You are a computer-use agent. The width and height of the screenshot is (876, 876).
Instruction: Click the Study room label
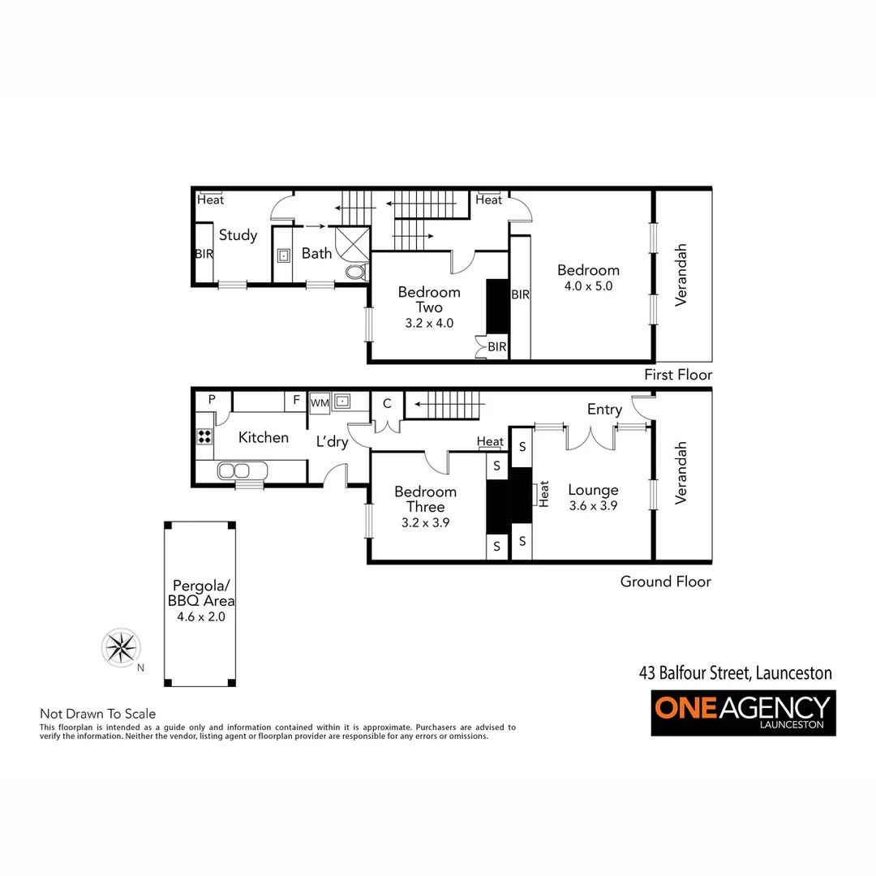coord(238,235)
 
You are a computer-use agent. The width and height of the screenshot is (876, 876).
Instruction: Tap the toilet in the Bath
coord(355,273)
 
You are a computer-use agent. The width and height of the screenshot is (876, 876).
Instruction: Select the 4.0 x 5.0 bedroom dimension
coord(588,286)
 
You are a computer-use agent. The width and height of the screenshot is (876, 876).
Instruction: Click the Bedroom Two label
coord(429,299)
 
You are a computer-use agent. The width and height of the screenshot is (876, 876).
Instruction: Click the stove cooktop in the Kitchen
coord(204,436)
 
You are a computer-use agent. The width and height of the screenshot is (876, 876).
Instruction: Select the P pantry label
coord(212,399)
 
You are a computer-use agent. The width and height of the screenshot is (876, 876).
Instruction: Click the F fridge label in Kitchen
coord(296,400)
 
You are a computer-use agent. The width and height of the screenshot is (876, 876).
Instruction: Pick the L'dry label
coord(332,441)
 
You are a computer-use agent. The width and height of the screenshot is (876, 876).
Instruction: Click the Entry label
coord(604,410)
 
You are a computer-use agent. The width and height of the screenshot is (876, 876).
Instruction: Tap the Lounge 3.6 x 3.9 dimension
coord(593,505)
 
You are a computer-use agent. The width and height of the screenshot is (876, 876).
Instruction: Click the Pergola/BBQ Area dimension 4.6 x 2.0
coord(200,616)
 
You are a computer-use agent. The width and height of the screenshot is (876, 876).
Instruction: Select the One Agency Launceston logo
coord(743,712)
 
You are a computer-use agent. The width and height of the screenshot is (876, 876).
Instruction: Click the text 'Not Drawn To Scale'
coord(97,714)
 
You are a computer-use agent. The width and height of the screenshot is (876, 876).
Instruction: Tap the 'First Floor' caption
coord(678,375)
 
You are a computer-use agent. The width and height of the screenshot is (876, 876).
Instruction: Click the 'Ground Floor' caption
coord(665,581)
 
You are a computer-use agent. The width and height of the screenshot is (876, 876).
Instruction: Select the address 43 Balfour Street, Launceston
coord(735,673)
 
